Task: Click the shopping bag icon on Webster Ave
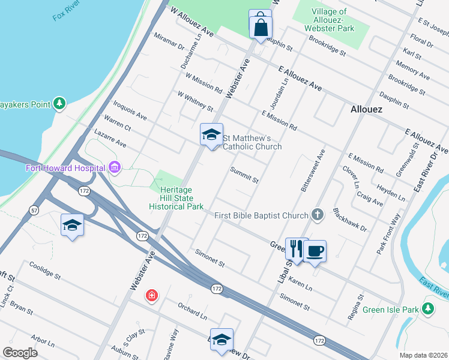pos(261,26)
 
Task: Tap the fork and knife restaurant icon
pos(296,249)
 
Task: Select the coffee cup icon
pos(315,251)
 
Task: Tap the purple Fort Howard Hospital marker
pos(114,167)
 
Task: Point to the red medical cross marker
pos(152,295)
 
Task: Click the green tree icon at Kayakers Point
pos(59,104)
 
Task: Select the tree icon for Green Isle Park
pos(427,309)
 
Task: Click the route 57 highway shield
pos(35,210)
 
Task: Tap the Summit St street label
pos(244,175)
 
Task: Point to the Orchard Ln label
pos(191,310)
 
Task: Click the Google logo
pos(20,352)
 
